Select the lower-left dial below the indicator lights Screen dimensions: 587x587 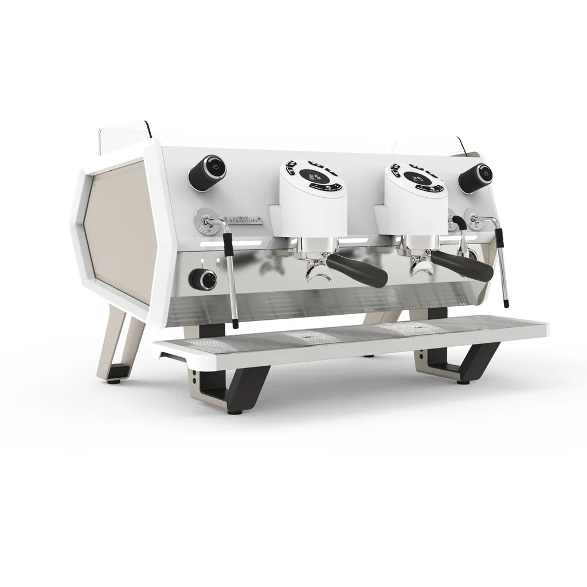[x=204, y=279]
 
